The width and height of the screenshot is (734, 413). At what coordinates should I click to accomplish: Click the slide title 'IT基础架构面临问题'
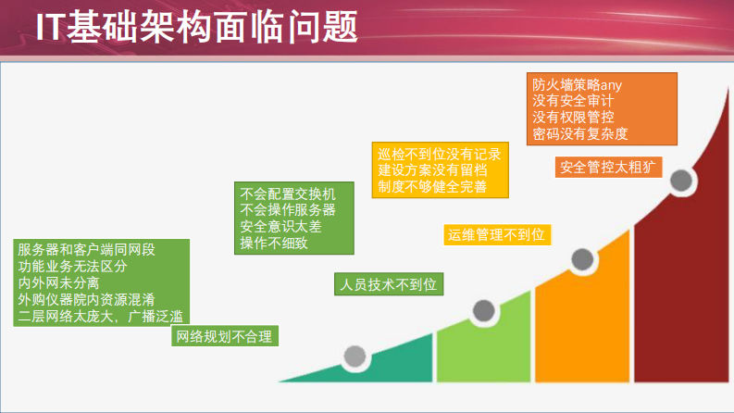[x=196, y=28]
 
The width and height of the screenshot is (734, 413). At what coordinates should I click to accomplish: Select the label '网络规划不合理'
[x=226, y=336]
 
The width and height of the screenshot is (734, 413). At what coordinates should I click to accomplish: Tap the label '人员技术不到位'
[x=389, y=284]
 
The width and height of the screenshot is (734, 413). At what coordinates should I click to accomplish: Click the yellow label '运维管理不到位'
[x=496, y=234]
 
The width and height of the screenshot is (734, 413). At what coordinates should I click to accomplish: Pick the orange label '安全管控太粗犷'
[x=609, y=167]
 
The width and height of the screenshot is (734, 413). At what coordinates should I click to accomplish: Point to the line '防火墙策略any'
[x=576, y=82]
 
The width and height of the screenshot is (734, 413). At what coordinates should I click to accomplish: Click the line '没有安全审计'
[x=574, y=100]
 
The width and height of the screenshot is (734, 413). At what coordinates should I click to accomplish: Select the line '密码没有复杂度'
[x=580, y=134]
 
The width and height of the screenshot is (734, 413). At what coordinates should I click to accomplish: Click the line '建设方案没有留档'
[x=432, y=170]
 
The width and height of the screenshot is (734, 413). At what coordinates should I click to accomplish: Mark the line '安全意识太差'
[x=280, y=227]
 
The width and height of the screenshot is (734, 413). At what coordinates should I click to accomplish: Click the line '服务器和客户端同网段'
[x=86, y=249]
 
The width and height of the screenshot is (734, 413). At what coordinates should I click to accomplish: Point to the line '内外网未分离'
[x=58, y=282]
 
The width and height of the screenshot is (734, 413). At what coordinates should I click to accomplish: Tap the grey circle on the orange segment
[x=582, y=259]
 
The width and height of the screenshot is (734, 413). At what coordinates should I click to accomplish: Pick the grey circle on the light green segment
[x=483, y=310]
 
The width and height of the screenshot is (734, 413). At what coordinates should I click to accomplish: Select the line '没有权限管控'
[x=574, y=118]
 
